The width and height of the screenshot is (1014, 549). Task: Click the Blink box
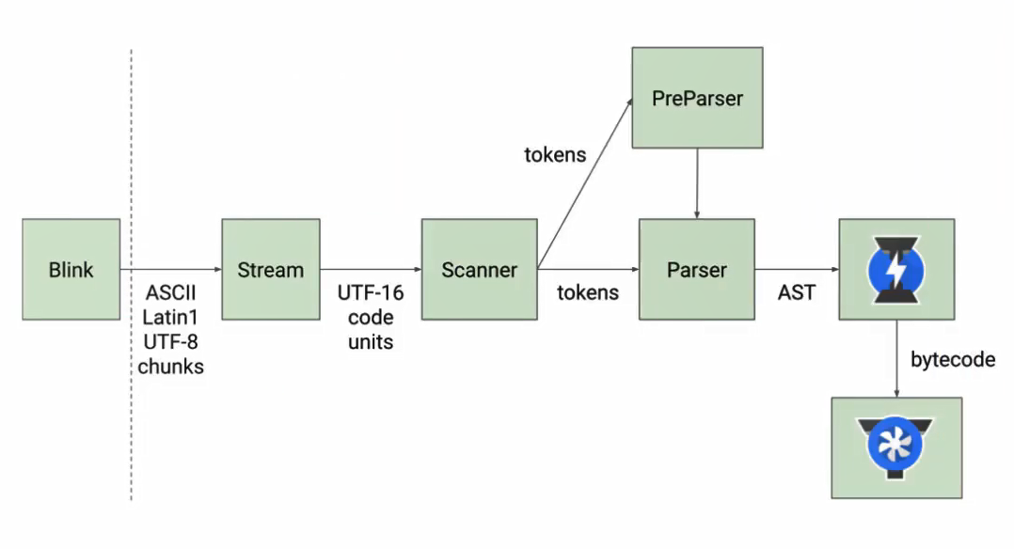pyautogui.click(x=71, y=270)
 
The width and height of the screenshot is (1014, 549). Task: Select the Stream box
pyautogui.click(x=270, y=270)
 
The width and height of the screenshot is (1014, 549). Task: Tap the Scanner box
pyautogui.click(x=479, y=270)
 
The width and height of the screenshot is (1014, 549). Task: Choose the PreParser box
pyautogui.click(x=697, y=98)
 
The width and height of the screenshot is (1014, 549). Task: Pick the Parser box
pyautogui.click(x=697, y=270)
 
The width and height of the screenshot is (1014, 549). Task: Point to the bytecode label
pyautogui.click(x=952, y=360)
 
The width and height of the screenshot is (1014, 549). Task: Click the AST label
pyautogui.click(x=796, y=292)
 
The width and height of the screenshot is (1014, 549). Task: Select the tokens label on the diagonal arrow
pyautogui.click(x=555, y=154)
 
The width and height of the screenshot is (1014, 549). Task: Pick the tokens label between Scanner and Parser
pyautogui.click(x=588, y=292)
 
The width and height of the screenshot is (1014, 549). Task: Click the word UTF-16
pyautogui.click(x=371, y=292)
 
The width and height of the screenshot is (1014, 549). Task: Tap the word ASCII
pyautogui.click(x=170, y=292)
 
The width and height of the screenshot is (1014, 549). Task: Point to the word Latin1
pyautogui.click(x=170, y=317)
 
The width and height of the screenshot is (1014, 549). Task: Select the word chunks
pyautogui.click(x=170, y=367)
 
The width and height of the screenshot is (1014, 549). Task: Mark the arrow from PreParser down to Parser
pyautogui.click(x=697, y=183)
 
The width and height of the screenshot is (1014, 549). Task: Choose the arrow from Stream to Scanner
pyautogui.click(x=371, y=270)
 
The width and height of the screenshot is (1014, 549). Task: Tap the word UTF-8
pyautogui.click(x=170, y=342)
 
